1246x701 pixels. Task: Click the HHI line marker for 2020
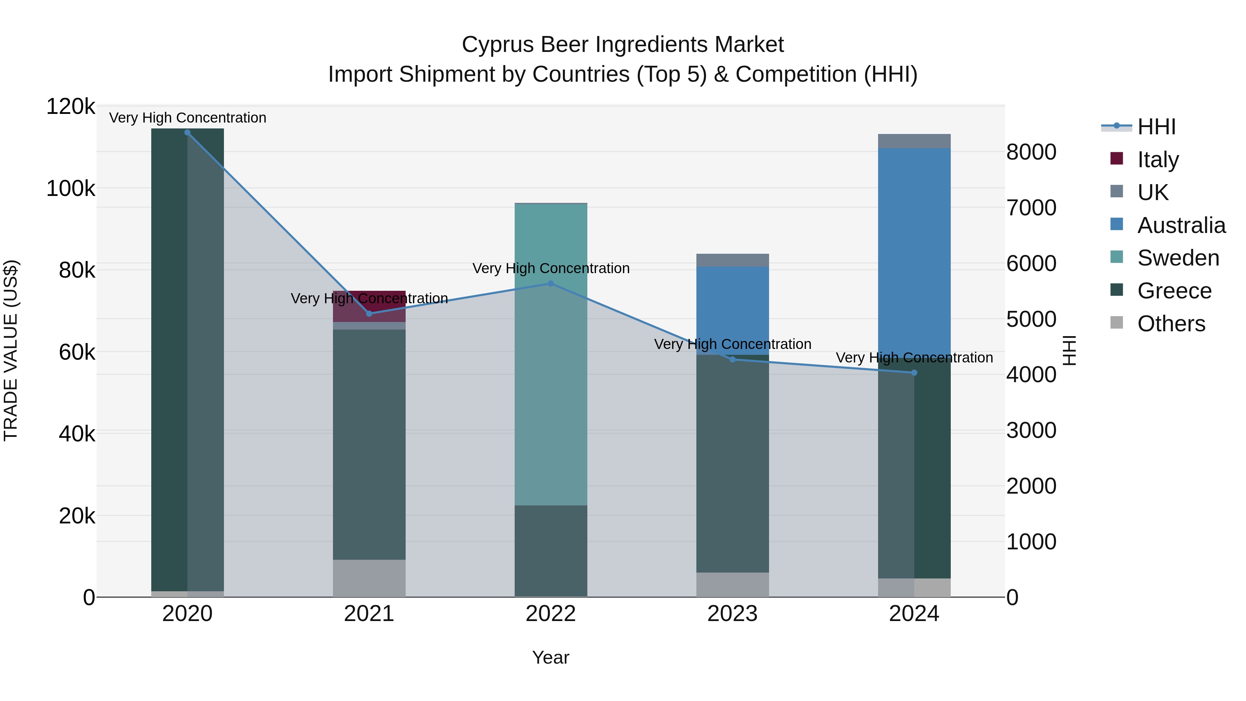tap(187, 133)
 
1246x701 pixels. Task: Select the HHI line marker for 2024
tap(914, 372)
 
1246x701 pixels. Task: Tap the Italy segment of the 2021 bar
tap(369, 306)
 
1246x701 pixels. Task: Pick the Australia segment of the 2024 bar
tap(914, 252)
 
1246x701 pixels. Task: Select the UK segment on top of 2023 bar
tap(732, 260)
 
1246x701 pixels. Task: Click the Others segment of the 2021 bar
tap(369, 578)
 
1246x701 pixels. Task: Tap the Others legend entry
tap(1171, 324)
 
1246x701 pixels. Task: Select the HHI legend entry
tap(1156, 127)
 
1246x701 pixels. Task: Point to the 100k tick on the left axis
tap(71, 188)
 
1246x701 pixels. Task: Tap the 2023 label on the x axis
tap(732, 614)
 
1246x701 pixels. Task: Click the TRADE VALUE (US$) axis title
tap(11, 350)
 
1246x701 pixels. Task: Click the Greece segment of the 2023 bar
tap(732, 465)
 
